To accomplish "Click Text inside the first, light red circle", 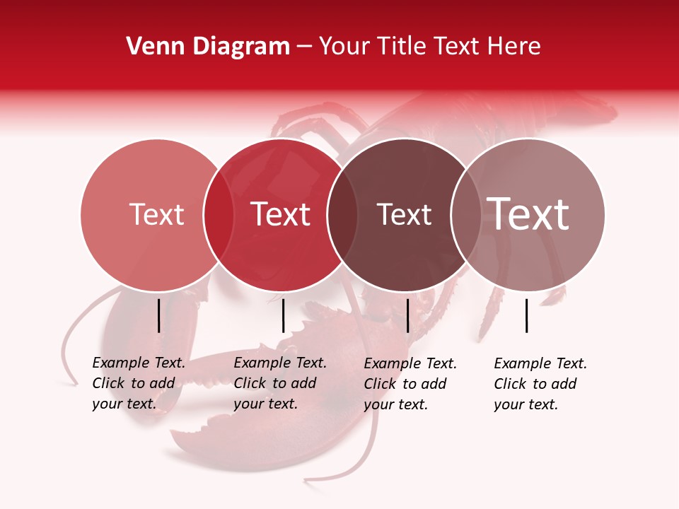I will pos(156,214).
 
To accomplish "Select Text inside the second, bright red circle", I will pos(281,214).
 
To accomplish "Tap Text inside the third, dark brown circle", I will pos(404,214).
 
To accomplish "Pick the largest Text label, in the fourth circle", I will pos(528,214).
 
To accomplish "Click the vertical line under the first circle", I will pos(159,315).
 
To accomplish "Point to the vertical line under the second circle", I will pos(283,315).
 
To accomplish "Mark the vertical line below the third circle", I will pos(408,315).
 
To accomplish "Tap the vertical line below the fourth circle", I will pos(527,315).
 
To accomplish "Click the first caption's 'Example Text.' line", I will pos(139,363).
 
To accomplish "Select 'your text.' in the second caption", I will pos(265,404).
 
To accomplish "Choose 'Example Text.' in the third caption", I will pos(410,364).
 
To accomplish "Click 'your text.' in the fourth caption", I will pos(526,404).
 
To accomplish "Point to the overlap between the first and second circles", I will pos(219,215).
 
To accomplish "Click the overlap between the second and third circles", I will pos(342,215).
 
